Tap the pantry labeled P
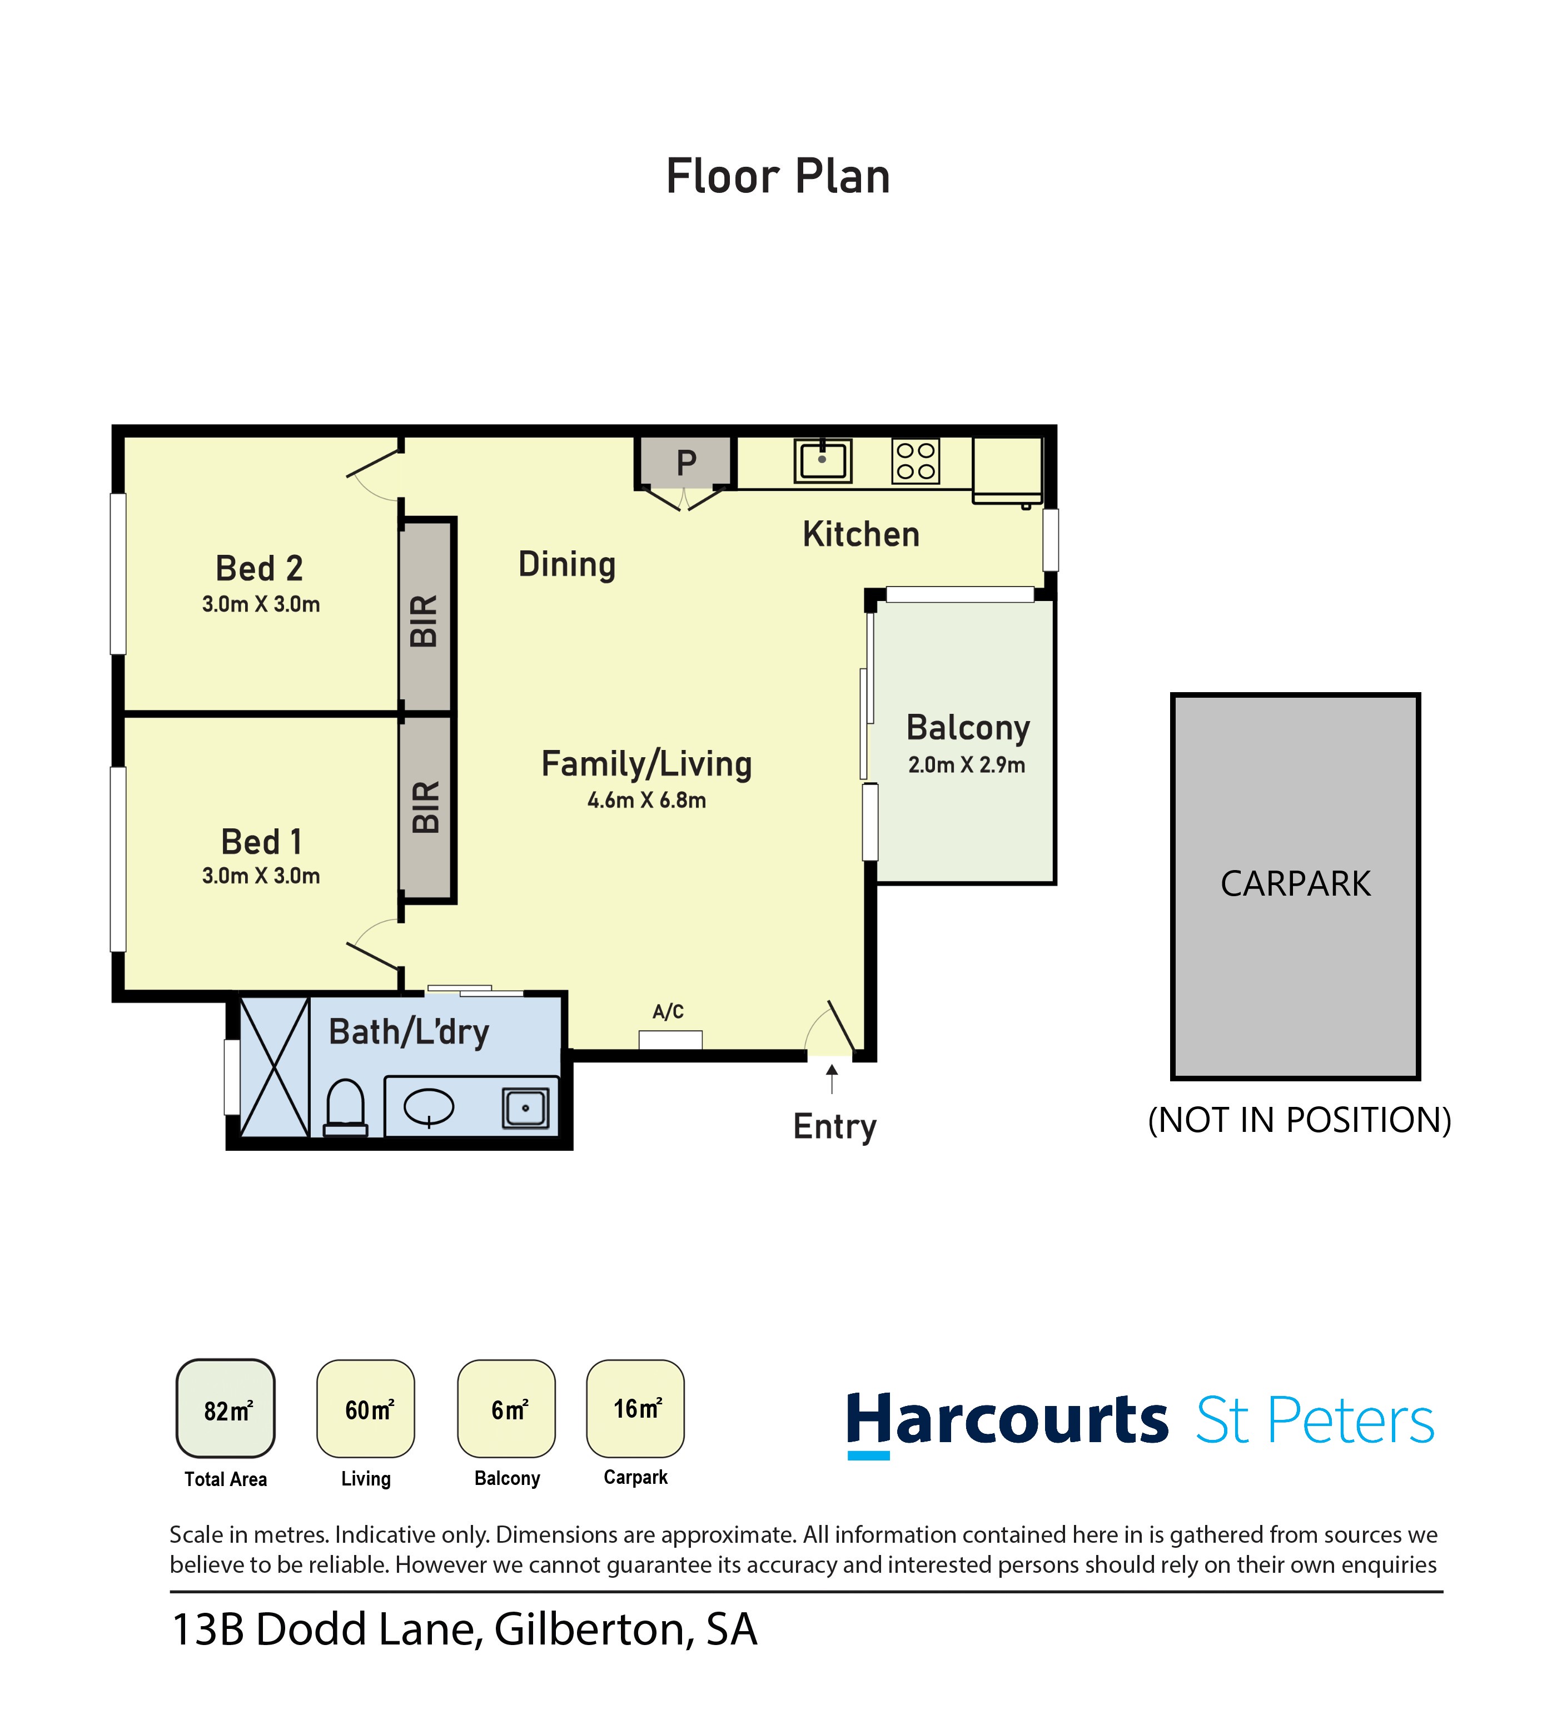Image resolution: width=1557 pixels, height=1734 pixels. (x=685, y=463)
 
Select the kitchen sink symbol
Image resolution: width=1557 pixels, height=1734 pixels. (x=822, y=461)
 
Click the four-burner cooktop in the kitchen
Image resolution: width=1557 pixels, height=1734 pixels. (x=916, y=461)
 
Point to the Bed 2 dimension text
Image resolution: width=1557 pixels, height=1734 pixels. (x=261, y=604)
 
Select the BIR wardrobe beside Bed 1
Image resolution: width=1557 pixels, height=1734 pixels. (x=426, y=807)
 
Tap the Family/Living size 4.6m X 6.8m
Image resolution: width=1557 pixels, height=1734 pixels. (x=646, y=801)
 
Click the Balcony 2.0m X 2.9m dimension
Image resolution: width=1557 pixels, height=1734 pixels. (x=967, y=765)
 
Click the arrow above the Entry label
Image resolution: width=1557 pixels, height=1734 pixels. (x=832, y=1078)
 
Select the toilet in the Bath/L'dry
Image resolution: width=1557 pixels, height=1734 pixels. (x=346, y=1107)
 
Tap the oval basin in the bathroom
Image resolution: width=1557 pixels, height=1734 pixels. (x=429, y=1106)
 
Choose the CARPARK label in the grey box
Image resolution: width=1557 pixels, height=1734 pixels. (x=1295, y=884)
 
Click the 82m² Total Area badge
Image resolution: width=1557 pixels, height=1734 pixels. (x=226, y=1409)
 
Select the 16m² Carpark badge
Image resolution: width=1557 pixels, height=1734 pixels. (x=635, y=1408)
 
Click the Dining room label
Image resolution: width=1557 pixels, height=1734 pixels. (x=567, y=565)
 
